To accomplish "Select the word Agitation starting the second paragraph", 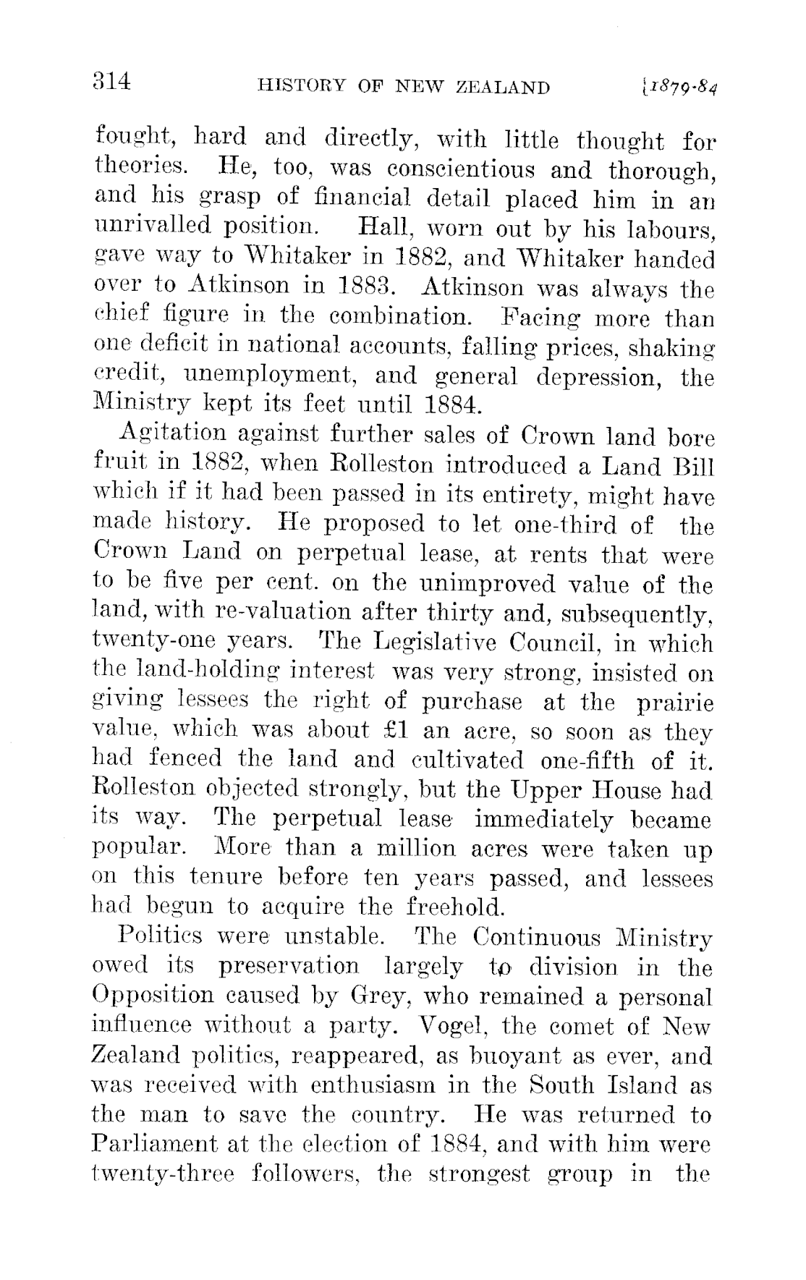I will click(x=166, y=436).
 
